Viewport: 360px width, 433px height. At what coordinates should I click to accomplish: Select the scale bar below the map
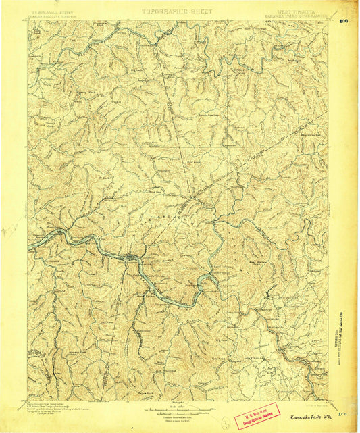tap(179, 407)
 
